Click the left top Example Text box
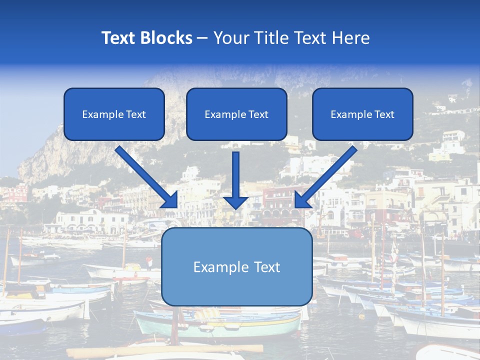(114, 114)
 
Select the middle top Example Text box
(236, 114)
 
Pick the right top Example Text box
(362, 114)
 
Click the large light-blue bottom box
(236, 266)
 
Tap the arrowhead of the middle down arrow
(236, 202)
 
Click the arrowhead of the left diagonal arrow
(170, 200)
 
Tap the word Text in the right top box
(384, 114)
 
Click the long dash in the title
(202, 38)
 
